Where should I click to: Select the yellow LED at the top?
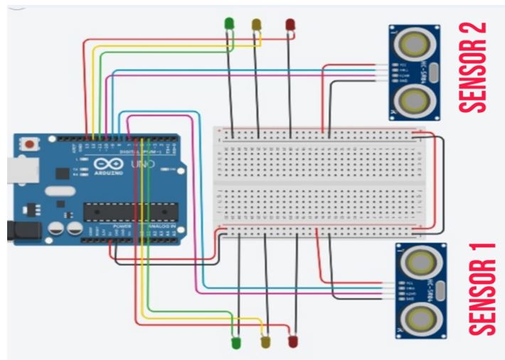[257, 25]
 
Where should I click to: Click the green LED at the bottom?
[238, 343]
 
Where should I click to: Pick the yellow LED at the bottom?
[266, 343]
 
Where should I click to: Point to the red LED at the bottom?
[292, 342]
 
